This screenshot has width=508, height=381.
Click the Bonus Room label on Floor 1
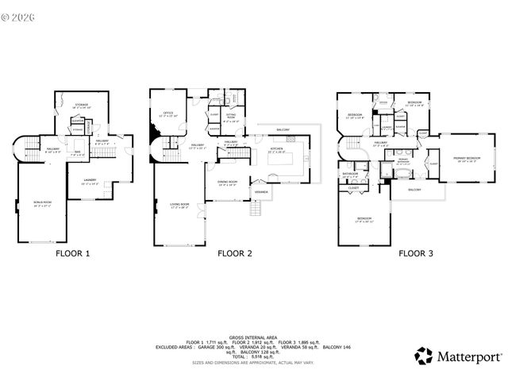tap(41, 204)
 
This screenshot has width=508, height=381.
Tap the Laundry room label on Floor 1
tap(90, 182)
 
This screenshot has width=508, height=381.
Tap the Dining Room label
tap(228, 183)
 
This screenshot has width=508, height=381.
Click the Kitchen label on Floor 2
tap(275, 148)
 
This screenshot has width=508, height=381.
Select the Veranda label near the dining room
tap(260, 192)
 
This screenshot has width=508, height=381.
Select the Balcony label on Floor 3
tap(414, 190)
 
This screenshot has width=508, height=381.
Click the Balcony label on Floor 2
tap(283, 129)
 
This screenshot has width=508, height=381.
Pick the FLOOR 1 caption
tap(72, 254)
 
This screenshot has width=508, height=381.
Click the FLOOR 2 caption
tap(235, 254)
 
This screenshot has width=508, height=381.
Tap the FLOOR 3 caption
tap(415, 254)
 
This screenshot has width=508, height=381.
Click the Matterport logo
tap(453, 354)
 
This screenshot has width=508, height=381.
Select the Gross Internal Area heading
tap(252, 337)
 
